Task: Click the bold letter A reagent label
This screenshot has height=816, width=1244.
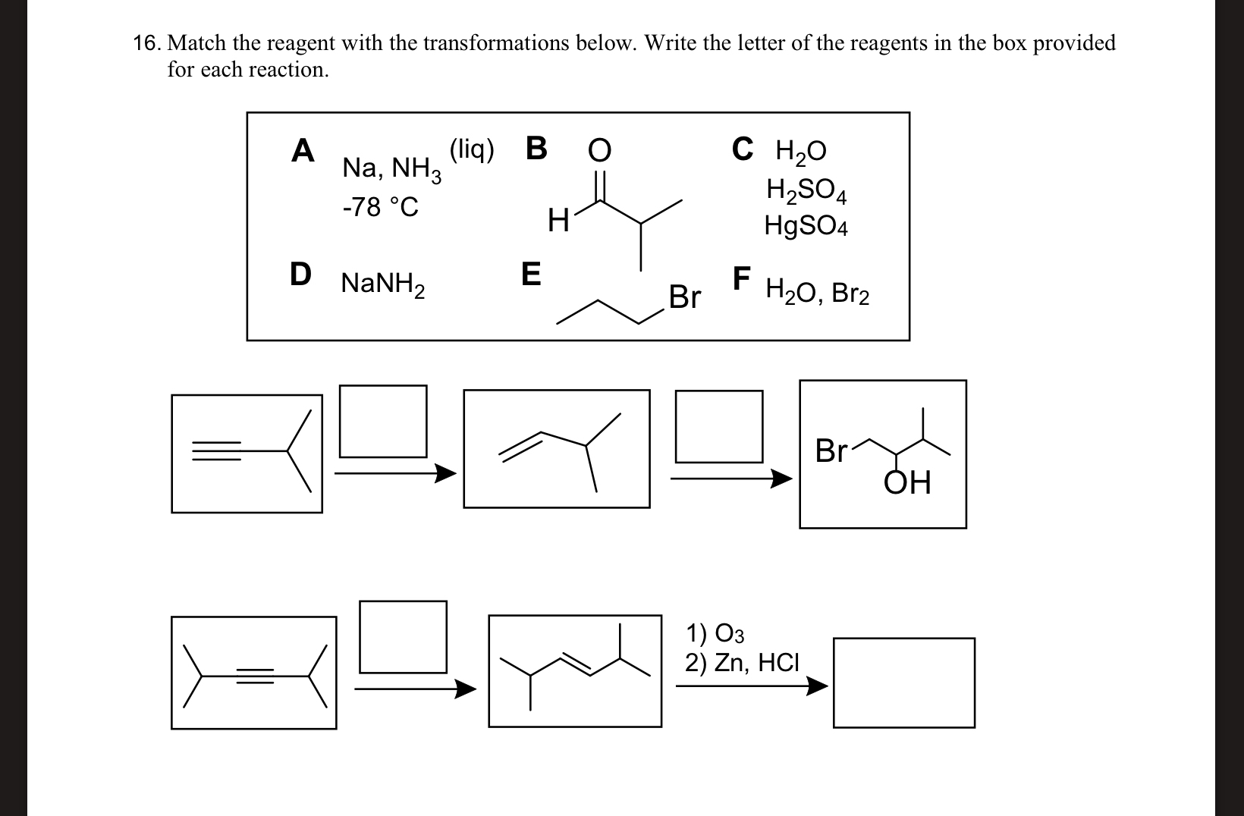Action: coord(303,150)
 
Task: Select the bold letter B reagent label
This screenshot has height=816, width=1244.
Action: coord(536,149)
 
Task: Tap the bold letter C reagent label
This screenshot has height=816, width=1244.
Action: coord(743,149)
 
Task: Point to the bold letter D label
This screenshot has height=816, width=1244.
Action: coord(301,275)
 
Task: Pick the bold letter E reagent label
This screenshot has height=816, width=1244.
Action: coord(531,275)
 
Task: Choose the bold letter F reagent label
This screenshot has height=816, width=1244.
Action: coord(742,278)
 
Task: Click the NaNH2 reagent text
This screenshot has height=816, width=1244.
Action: coord(382,284)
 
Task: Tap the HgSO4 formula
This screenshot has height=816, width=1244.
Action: coord(806,225)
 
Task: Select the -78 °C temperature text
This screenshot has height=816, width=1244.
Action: coord(380,207)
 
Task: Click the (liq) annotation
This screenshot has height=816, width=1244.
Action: coord(471,149)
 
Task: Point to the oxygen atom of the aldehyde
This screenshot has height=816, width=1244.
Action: coord(598,151)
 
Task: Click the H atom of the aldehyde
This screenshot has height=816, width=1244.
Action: coord(558,221)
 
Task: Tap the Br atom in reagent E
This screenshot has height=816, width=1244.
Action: coord(684,297)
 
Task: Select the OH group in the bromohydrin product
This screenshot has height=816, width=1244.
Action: coord(907,482)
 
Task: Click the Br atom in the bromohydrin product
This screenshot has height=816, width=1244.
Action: coord(831,450)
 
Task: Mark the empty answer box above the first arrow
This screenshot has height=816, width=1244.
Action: coord(382,421)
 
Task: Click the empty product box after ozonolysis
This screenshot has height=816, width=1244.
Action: coord(903,683)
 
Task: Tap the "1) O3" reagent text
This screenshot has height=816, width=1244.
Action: coord(715,632)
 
